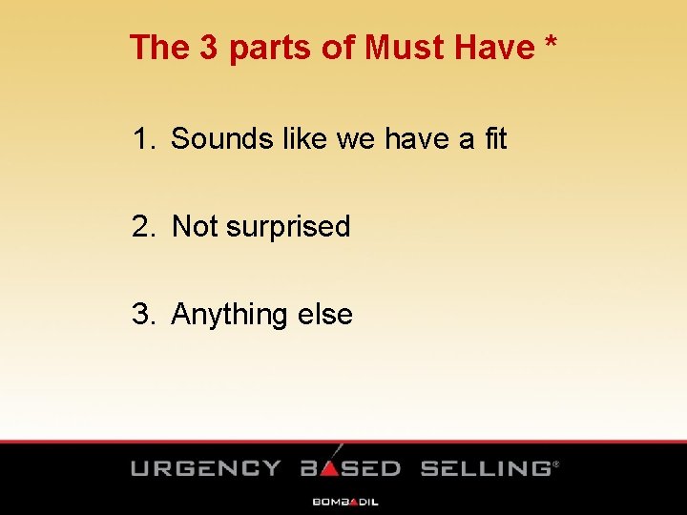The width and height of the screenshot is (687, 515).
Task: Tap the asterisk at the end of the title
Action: point(551,44)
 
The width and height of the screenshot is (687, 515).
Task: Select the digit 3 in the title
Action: point(210,47)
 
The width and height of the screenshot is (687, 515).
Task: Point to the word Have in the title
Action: point(490,47)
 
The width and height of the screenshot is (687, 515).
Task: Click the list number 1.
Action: point(142,139)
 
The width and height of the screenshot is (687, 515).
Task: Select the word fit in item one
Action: point(495,139)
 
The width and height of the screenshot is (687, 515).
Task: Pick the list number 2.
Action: point(142,227)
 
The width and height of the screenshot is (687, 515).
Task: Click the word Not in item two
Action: point(195,227)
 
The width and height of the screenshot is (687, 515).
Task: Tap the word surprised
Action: point(288,228)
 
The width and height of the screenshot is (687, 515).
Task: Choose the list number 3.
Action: point(142,315)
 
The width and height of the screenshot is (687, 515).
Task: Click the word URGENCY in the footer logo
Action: point(206,468)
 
